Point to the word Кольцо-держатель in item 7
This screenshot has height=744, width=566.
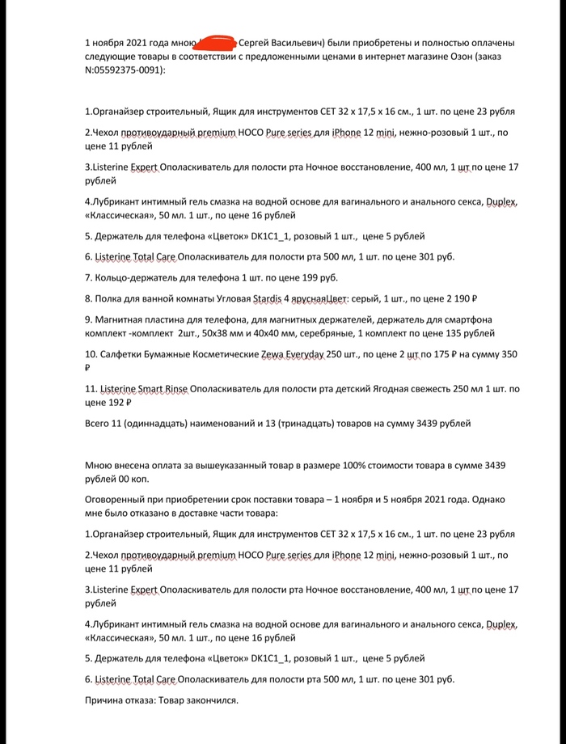(x=134, y=277)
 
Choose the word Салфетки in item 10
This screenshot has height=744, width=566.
(x=120, y=354)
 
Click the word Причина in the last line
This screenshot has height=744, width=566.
(x=104, y=700)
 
